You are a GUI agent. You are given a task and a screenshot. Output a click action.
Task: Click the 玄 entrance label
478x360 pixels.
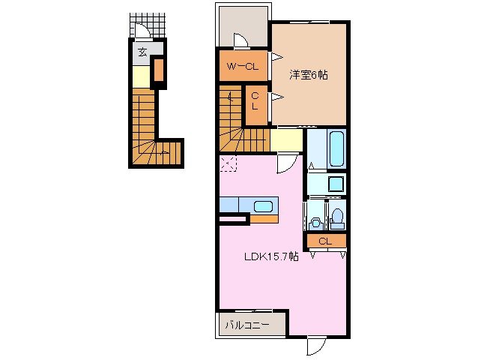coord(142,52)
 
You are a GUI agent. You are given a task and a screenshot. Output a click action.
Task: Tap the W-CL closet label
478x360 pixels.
coord(242,67)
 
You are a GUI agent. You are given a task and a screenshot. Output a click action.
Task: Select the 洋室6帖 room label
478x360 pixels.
coord(308,74)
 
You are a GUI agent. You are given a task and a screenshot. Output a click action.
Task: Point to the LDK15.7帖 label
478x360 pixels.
coord(271,256)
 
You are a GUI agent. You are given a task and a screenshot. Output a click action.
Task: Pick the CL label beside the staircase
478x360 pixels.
coord(255,100)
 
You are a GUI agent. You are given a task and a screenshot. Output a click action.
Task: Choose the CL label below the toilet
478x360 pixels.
coord(325,241)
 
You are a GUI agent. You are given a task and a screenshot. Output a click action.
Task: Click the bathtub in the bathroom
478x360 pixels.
coord(336,149)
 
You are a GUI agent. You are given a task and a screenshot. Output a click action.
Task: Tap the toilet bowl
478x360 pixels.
coord(337,217)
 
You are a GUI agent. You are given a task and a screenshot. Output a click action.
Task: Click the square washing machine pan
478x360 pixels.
coord(336,184)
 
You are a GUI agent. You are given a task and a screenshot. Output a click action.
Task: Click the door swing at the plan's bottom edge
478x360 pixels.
coord(316,346)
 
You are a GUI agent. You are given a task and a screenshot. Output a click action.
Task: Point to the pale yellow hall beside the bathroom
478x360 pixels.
coord(286,139)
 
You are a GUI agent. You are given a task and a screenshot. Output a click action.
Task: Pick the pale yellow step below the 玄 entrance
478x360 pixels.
coord(142,77)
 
